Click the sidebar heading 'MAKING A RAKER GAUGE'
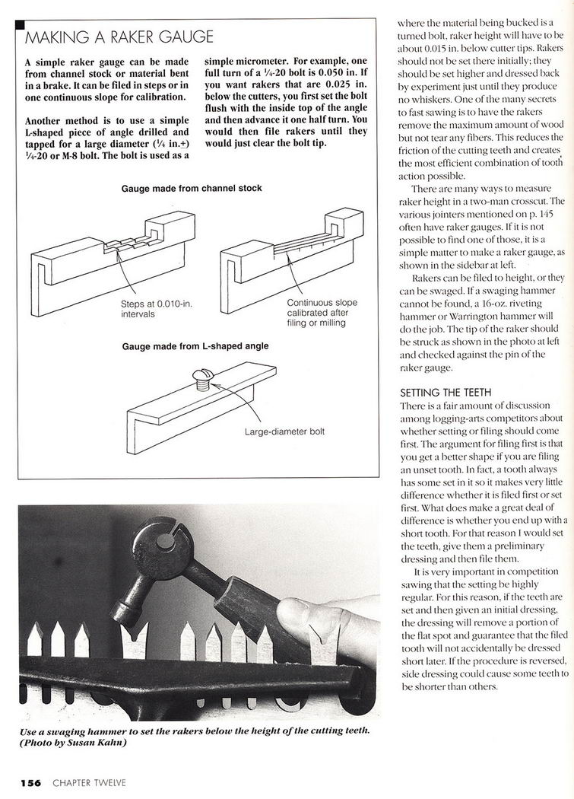click(x=119, y=37)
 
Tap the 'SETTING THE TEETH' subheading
click(x=446, y=393)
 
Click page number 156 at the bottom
click(x=31, y=783)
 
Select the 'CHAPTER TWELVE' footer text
click(x=89, y=783)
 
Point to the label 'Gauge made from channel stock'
click(x=192, y=189)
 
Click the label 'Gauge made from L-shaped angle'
click(x=195, y=346)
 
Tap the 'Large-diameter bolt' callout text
click(x=284, y=431)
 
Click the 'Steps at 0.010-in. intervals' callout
click(x=157, y=309)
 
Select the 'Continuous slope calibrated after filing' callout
click(x=322, y=312)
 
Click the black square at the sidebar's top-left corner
click(x=21, y=24)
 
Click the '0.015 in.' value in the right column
click(x=431, y=49)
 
